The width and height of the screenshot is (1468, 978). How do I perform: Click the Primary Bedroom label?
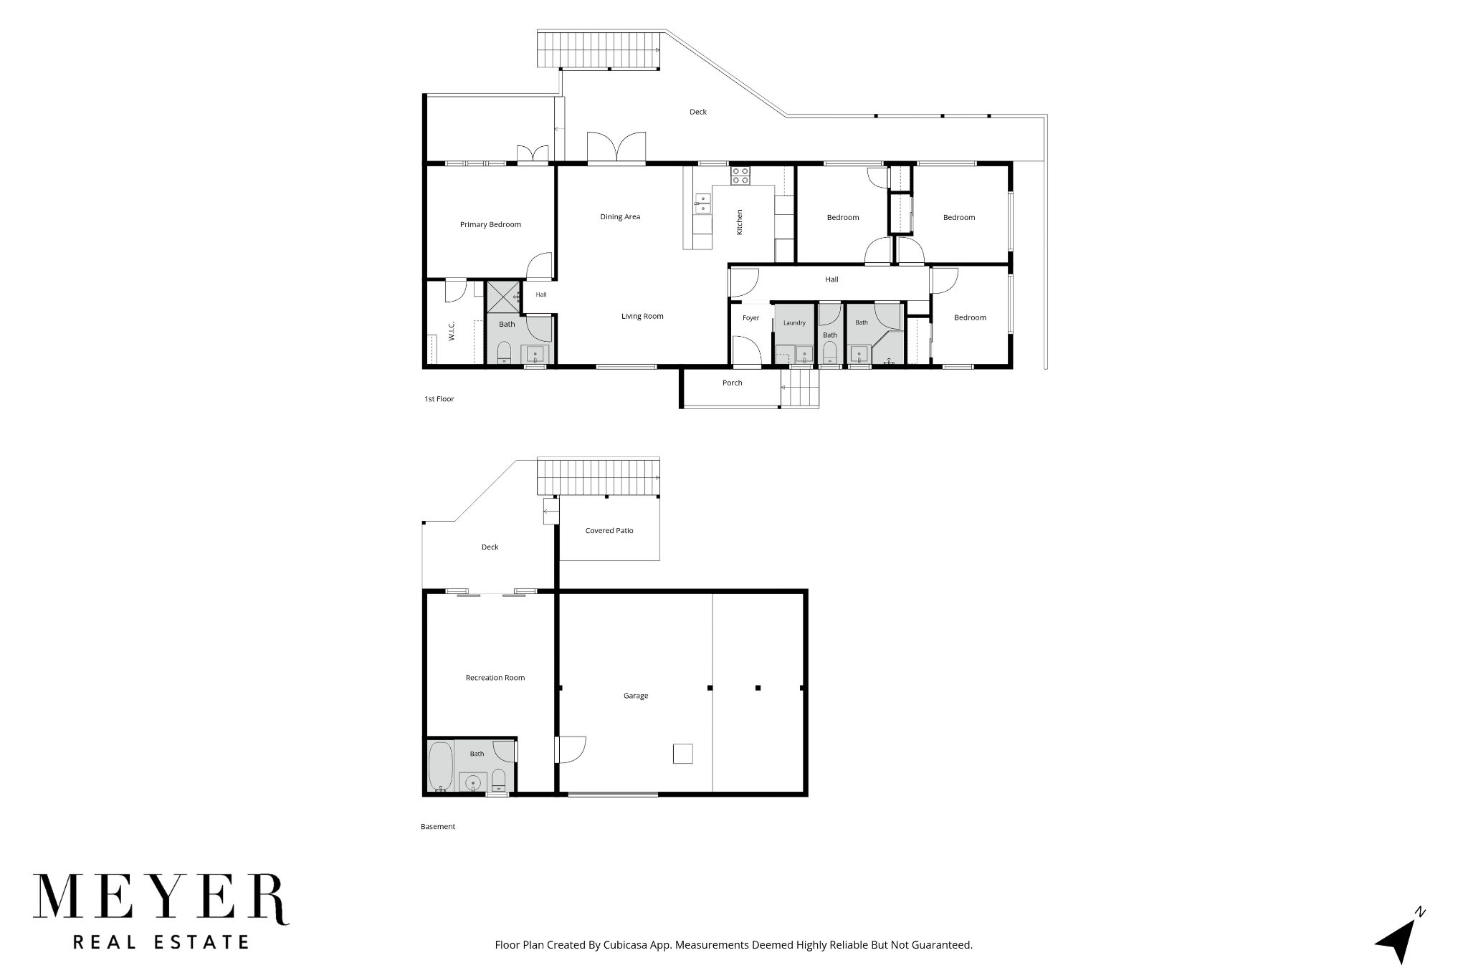490,224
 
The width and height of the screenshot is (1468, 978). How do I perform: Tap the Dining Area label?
620,216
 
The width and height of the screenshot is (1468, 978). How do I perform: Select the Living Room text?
642,316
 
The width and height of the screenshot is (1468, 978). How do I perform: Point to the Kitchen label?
740,221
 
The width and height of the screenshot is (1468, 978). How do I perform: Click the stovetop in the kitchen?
740,176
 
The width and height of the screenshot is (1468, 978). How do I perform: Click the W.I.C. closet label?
452,331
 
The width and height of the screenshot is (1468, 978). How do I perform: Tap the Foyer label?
750,318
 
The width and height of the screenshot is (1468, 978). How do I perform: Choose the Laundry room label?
794,322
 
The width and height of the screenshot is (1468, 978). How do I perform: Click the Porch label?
732,383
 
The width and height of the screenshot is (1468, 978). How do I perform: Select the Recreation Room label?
495,677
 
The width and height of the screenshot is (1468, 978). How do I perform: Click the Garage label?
636,696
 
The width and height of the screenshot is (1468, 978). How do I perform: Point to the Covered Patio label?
609,531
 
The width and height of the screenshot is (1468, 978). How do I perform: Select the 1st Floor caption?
439,399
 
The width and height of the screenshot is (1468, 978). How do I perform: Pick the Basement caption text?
438,826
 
